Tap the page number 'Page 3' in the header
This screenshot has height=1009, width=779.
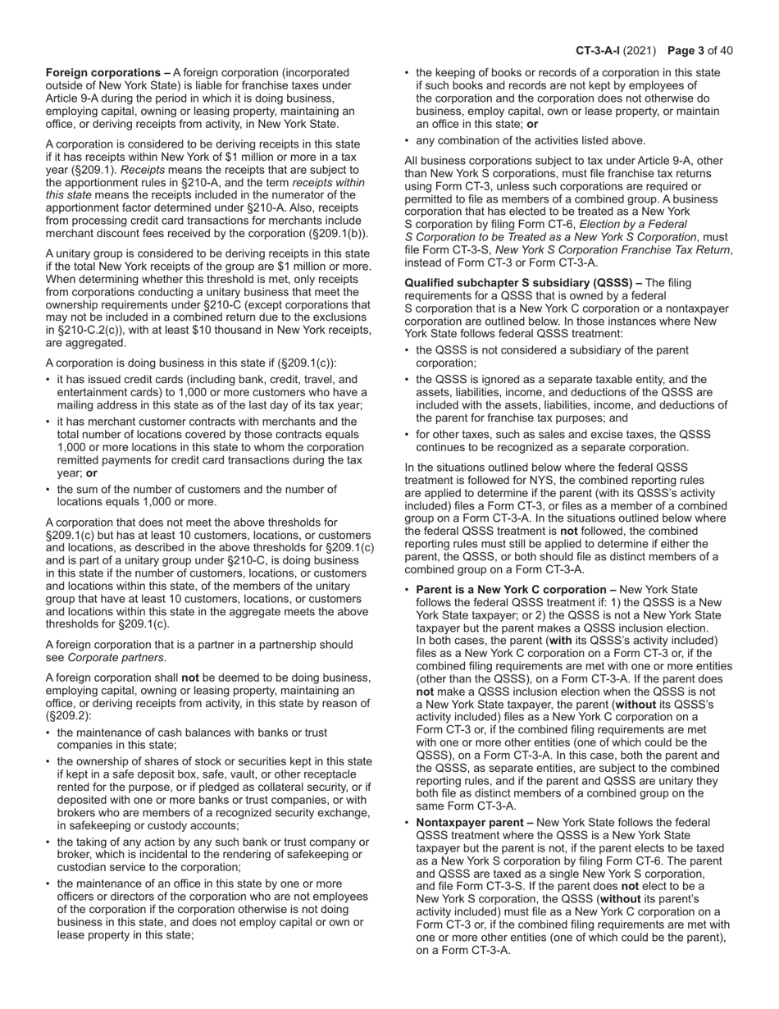point(690,51)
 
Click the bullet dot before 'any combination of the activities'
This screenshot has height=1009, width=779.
point(408,140)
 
